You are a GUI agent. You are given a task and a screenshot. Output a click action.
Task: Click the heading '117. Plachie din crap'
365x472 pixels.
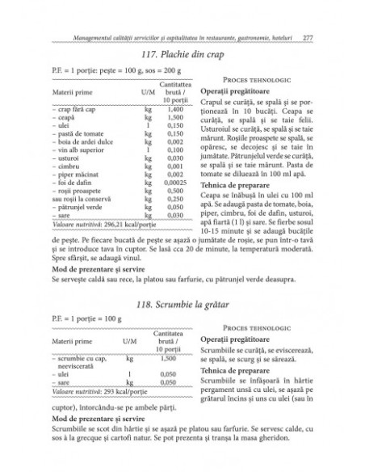click(182, 56)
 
